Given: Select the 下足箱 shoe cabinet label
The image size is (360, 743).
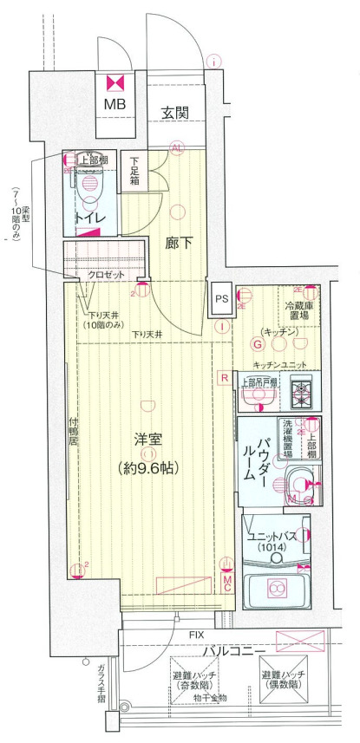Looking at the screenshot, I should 135,170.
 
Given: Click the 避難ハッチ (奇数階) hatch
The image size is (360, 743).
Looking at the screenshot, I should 193,681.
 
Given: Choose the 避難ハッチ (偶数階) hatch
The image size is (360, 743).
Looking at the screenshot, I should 284,679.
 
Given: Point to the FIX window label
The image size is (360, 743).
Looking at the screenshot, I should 198,635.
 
